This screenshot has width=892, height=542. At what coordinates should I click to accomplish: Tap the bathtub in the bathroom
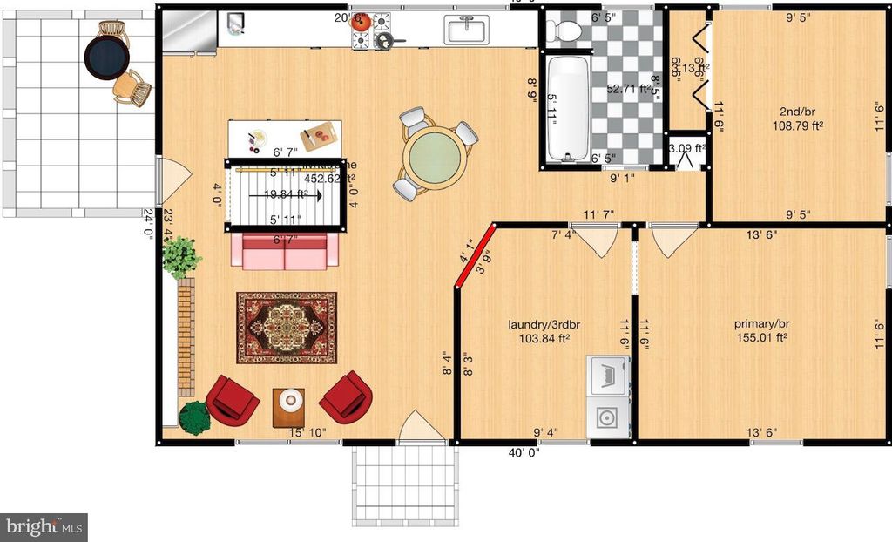tap(568, 108)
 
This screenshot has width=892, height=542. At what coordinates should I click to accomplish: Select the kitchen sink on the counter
tap(468, 30)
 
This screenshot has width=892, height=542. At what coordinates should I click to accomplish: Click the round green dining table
tap(433, 157)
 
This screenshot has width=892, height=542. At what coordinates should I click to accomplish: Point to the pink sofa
tap(285, 251)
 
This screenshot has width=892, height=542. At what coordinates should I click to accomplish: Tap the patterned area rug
tap(286, 327)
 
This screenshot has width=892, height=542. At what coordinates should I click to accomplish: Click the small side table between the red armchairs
tap(289, 404)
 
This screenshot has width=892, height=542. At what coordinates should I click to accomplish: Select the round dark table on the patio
tap(106, 58)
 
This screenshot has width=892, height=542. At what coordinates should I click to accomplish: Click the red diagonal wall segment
tap(475, 255)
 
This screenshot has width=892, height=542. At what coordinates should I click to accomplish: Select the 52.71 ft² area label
tap(629, 89)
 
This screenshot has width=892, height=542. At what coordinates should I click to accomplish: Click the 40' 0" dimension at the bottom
tap(524, 452)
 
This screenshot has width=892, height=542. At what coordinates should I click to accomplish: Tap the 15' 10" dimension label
tap(307, 432)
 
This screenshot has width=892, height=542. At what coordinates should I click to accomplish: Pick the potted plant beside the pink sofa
tap(180, 257)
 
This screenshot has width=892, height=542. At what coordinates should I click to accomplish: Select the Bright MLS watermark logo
tap(44, 526)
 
